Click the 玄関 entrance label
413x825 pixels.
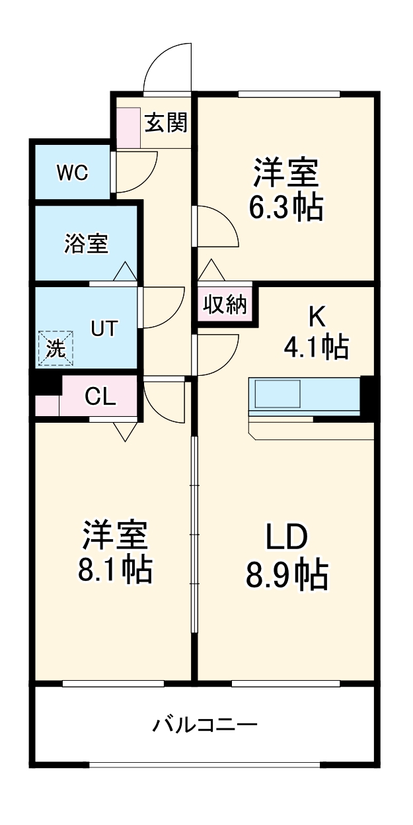[166, 122]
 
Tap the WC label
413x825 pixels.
[72, 173]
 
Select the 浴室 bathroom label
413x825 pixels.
[86, 244]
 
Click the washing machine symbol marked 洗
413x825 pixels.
[56, 348]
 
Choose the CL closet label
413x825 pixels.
[100, 397]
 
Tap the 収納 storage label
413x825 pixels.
[225, 305]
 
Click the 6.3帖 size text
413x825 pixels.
[285, 208]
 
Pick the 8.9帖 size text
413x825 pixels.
[287, 575]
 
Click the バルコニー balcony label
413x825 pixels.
[205, 726]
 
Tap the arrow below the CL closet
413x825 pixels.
[124, 431]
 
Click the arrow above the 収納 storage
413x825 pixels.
[211, 270]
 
